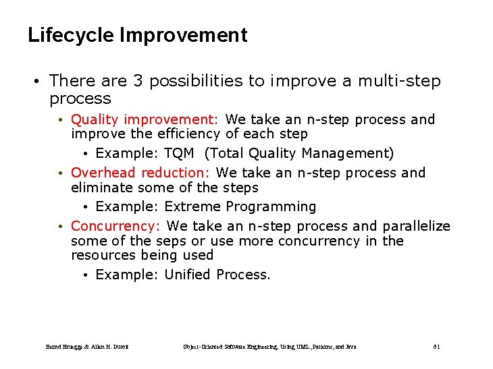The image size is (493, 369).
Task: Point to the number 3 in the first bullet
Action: pyautogui.click(x=137, y=81)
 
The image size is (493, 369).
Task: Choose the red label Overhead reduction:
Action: pyautogui.click(x=141, y=173)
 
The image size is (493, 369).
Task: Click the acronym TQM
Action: pyautogui.click(x=179, y=154)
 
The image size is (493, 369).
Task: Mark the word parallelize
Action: pyautogui.click(x=416, y=226)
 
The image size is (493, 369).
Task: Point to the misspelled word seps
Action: pyautogui.click(x=172, y=241)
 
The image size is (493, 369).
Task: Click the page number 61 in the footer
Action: pyautogui.click(x=436, y=347)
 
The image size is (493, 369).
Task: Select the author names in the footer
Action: pyautogui.click(x=87, y=347)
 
